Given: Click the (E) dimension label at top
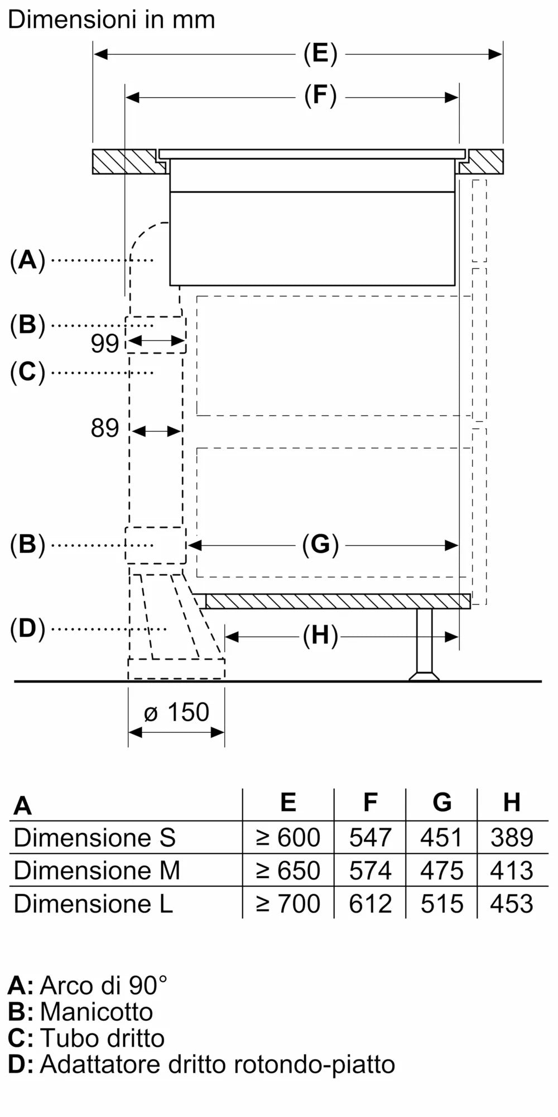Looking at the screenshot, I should [x=320, y=54].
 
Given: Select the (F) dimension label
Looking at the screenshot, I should [x=320, y=96].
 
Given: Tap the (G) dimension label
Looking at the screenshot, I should [x=320, y=545].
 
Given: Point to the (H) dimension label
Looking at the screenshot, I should [x=320, y=636].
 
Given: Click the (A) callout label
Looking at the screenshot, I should [x=27, y=260].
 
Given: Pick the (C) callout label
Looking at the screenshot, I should [x=27, y=372].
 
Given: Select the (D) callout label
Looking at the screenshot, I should [x=27, y=629].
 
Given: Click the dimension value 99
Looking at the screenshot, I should [x=105, y=343].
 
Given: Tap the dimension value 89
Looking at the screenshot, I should [x=105, y=428].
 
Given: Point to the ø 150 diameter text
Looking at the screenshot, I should [x=176, y=712].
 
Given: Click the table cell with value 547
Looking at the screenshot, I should [x=370, y=838].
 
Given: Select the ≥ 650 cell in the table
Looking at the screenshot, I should [x=288, y=871].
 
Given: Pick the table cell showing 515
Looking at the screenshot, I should [x=442, y=904].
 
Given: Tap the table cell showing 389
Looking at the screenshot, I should [x=512, y=838].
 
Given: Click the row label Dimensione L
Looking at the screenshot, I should [x=93, y=904].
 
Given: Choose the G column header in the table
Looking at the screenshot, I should [x=442, y=803].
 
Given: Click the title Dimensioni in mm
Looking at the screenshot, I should [x=111, y=20].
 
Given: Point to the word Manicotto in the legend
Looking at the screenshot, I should [x=97, y=1012].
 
